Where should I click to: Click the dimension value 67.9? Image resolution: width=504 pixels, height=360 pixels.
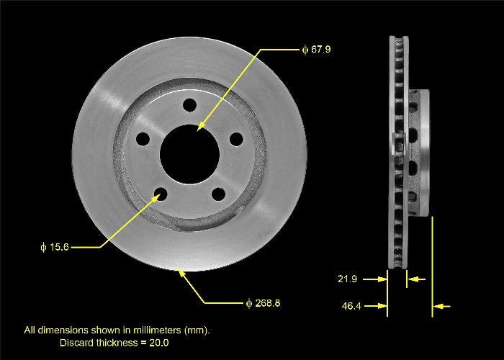(x=321, y=50)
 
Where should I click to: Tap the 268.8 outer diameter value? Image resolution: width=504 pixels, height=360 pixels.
(x=266, y=303)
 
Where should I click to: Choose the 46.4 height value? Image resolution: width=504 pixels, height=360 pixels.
(x=351, y=307)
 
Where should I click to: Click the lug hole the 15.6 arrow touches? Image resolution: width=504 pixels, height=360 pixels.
(x=161, y=193)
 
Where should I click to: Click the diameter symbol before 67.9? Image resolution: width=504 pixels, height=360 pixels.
(x=305, y=50)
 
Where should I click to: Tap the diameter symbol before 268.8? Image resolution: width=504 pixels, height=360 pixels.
(x=248, y=303)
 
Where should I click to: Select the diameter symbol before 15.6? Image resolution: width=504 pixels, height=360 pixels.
(x=43, y=247)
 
